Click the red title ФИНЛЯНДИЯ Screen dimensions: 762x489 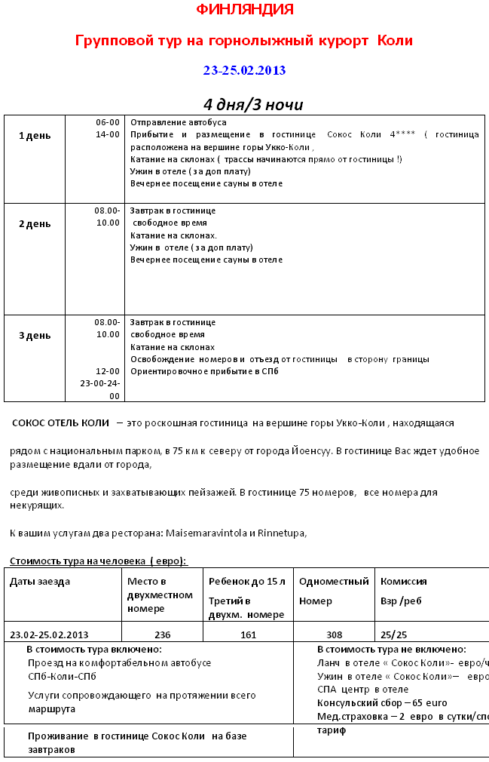click(244, 10)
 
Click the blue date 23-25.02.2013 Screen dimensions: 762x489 click(244, 70)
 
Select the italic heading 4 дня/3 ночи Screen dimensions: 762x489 click(252, 104)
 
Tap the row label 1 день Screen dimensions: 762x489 click(35, 135)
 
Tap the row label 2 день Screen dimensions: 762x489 click(35, 223)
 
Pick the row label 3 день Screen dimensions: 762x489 click(35, 335)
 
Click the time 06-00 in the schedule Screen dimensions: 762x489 click(107, 122)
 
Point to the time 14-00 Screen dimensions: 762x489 click(107, 134)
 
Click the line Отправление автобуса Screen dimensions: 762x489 click(179, 122)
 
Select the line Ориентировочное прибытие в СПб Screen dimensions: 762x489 click(204, 371)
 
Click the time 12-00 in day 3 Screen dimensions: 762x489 click(107, 371)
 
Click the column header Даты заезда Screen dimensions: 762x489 click(40, 582)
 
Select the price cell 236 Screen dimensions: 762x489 click(162, 634)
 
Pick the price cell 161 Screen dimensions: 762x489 click(248, 634)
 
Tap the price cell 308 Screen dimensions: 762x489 click(334, 634)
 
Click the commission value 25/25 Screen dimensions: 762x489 click(394, 634)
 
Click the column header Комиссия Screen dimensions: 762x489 click(404, 582)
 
